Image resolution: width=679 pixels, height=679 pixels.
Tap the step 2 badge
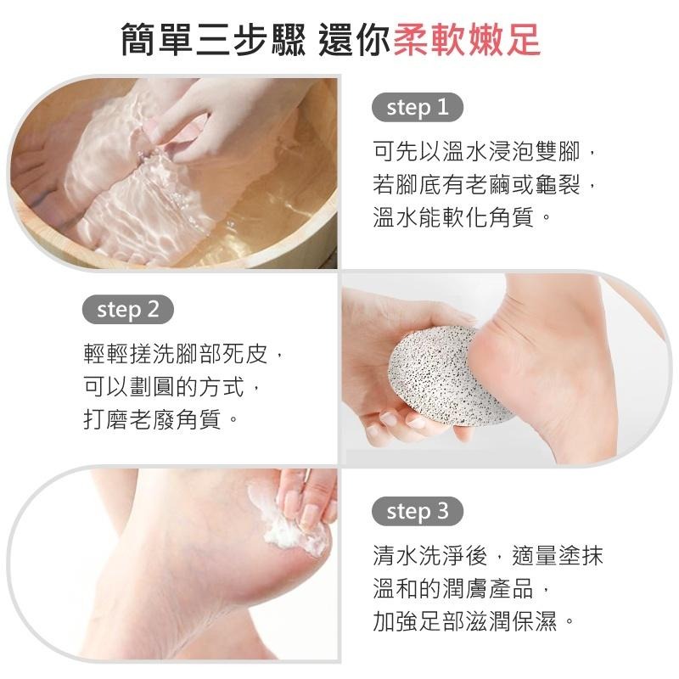[127, 310]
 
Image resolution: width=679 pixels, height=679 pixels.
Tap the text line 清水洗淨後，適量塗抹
[488, 556]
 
